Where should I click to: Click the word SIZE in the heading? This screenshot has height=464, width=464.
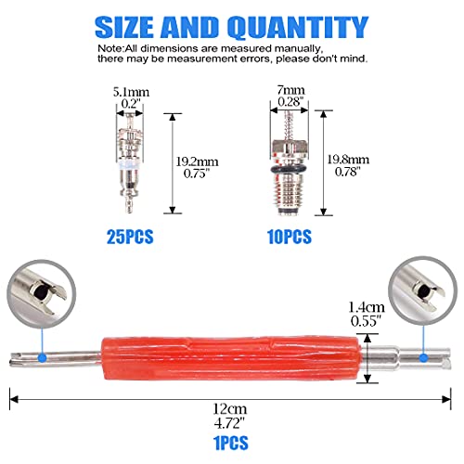[x=139, y=26]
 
